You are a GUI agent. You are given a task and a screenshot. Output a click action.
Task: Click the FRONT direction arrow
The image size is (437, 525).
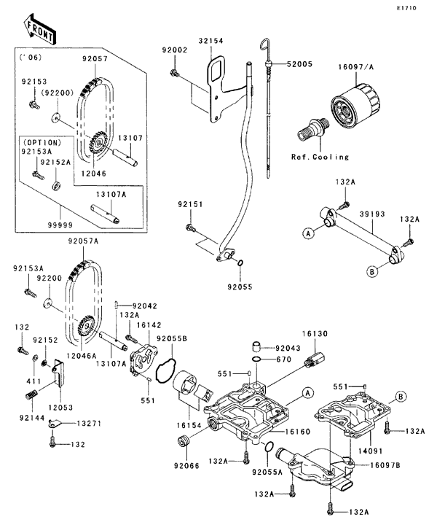coord(39,28)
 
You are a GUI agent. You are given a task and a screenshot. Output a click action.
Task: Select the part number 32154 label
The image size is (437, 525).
coord(210,41)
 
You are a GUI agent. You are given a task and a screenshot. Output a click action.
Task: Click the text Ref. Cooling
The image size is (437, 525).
coord(320,157)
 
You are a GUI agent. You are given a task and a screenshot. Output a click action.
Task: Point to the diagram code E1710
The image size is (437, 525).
coord(406,8)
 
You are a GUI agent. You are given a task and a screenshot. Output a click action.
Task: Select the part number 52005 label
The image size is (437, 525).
coord(299,64)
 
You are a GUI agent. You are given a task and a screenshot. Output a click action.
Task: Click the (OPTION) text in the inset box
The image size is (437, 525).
coord(40,143)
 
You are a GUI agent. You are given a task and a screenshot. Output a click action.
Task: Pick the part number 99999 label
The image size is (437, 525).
coord(60,225)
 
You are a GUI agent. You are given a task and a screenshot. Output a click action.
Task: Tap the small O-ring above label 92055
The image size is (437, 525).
coord(240,262)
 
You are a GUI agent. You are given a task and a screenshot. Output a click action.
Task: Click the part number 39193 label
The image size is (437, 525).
coord(372,214)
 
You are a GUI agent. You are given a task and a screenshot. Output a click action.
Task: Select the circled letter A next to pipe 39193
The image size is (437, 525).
coord(308,233)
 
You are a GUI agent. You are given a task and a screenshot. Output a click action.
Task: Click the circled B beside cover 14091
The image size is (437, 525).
coord(401,397)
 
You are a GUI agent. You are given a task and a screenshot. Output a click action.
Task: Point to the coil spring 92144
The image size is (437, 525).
coord(32,394)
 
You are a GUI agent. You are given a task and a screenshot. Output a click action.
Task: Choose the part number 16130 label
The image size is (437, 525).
coord(315,333)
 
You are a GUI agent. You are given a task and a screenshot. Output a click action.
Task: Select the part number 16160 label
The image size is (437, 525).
coord(298,432)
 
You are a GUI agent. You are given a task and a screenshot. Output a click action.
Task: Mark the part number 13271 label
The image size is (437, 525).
coord(89,423)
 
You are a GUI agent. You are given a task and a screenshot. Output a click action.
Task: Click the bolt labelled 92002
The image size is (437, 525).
coord(174,72)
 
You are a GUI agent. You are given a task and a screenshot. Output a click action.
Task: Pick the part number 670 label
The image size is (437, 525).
coord(284,359)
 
